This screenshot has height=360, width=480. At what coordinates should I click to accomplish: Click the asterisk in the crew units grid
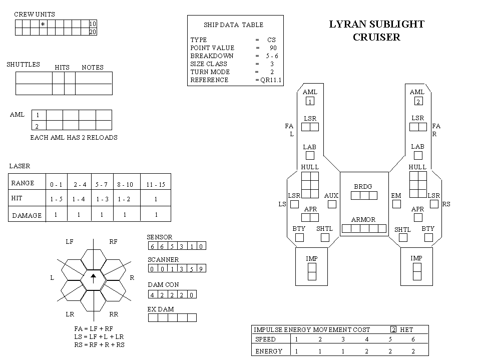click(x=43, y=24)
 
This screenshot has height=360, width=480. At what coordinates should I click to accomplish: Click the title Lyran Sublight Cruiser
click(x=376, y=31)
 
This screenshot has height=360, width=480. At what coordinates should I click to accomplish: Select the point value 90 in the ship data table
click(x=273, y=48)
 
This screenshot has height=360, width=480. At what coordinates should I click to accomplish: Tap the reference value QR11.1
click(x=271, y=80)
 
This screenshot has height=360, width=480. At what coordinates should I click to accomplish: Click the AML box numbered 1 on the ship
click(x=310, y=101)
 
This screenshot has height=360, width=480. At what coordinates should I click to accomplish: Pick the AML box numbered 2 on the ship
click(x=418, y=101)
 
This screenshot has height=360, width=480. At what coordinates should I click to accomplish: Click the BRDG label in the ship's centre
click(x=363, y=186)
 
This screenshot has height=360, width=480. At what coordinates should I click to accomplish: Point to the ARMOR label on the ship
click(x=363, y=219)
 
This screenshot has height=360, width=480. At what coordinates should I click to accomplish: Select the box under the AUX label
click(x=332, y=204)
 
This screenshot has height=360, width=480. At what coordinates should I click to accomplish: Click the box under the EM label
click(x=397, y=204)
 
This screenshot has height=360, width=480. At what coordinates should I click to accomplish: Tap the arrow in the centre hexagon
click(x=94, y=278)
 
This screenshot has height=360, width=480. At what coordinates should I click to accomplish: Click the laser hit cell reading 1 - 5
click(x=57, y=199)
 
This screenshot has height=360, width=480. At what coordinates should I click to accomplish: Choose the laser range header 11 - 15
click(x=156, y=185)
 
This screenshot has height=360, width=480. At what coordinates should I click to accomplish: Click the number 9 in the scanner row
click(x=201, y=269)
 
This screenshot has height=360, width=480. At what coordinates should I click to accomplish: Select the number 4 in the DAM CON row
click(x=152, y=295)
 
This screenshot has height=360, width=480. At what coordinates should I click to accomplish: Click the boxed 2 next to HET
click(x=394, y=329)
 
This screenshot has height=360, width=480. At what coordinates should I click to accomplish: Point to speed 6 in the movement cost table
click(x=413, y=339)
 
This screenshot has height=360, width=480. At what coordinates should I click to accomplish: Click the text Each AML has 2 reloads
click(x=74, y=138)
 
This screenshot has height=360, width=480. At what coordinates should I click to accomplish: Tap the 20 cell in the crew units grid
click(x=93, y=32)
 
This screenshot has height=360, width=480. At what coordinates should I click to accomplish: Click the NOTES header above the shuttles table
click(x=93, y=68)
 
